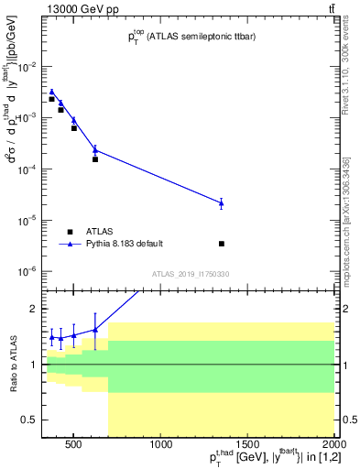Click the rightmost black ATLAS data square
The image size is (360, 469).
222,244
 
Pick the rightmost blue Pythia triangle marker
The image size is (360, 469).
222,202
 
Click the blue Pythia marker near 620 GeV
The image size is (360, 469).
95,150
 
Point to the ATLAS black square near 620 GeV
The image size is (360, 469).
95,159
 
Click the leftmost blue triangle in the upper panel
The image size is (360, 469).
52,92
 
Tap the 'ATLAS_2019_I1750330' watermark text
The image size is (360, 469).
191,274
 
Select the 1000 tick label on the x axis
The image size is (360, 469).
160,445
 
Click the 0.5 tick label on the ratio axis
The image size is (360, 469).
31,420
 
